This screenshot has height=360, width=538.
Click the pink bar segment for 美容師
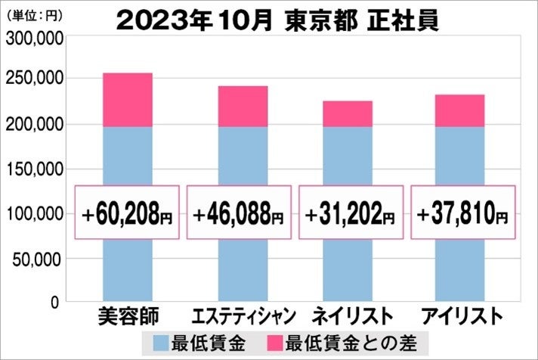coord(127,100)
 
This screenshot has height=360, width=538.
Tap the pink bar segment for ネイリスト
coord(348,113)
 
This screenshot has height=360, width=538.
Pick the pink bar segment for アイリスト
coord(459,110)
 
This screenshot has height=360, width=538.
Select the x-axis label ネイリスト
coord(349,315)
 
